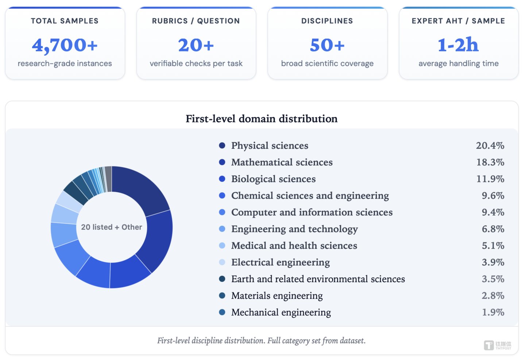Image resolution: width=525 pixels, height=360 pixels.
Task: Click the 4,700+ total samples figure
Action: (x=65, y=45)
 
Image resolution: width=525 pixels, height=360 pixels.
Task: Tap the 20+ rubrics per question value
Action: (x=196, y=45)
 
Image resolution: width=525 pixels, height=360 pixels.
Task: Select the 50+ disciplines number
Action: (x=327, y=45)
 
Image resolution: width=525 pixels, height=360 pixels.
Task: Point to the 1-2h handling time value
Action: (x=458, y=45)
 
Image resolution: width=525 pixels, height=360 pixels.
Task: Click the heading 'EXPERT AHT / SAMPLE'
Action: (x=459, y=21)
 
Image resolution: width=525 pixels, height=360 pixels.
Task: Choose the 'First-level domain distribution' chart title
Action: (x=262, y=119)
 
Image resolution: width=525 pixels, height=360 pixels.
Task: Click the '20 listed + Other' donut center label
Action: (x=112, y=227)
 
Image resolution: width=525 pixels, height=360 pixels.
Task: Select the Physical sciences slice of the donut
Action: (x=138, y=188)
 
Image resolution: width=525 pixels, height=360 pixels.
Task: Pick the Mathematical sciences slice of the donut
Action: (x=157, y=242)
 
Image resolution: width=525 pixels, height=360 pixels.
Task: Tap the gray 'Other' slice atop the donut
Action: (x=108, y=179)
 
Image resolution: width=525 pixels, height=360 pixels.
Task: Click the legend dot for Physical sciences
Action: (x=222, y=145)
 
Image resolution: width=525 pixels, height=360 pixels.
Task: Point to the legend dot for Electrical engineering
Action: (x=222, y=262)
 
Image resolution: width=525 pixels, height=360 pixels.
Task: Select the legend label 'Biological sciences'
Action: (x=273, y=179)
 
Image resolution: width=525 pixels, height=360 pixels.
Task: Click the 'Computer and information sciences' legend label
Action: (x=312, y=212)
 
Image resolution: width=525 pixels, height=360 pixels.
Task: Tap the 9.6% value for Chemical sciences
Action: (x=493, y=196)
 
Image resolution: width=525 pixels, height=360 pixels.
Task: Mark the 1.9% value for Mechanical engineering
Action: (x=493, y=313)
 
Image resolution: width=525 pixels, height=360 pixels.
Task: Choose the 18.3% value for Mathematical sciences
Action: (x=490, y=162)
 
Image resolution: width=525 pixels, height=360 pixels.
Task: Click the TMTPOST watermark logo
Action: (x=497, y=345)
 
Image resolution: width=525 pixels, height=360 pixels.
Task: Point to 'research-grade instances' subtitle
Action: (x=65, y=64)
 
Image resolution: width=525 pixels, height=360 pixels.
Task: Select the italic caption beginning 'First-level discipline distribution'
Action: (x=261, y=341)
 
